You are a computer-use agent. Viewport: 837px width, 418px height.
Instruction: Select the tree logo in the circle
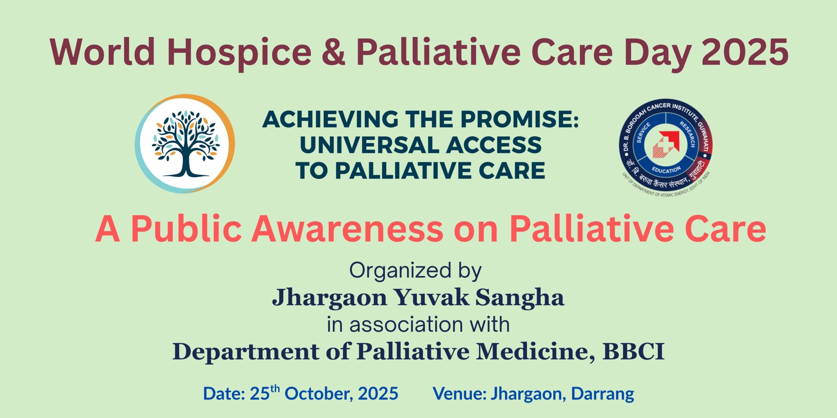[185, 144]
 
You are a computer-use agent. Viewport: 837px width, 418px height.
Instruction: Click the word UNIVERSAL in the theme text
[370, 145]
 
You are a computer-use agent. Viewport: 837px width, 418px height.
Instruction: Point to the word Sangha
[520, 297]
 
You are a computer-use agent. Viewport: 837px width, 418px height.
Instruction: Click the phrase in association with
[418, 325]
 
